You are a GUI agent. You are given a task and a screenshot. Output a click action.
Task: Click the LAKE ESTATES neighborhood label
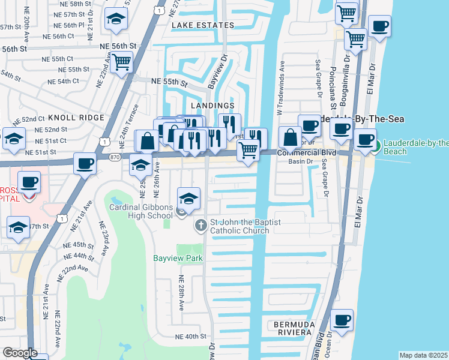(x=202, y=25)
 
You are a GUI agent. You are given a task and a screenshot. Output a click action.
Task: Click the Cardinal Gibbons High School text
(x=140, y=212)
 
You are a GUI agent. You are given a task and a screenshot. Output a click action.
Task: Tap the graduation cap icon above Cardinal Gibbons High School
(x=188, y=199)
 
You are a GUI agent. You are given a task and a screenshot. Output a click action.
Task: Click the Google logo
(x=20, y=352)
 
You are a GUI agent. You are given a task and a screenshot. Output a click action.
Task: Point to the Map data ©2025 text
(x=423, y=355)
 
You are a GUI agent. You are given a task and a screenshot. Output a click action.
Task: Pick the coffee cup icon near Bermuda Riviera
(x=342, y=320)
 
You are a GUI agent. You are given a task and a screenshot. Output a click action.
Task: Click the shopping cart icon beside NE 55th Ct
(x=122, y=61)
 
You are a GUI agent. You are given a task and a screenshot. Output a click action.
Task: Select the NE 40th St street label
(x=191, y=337)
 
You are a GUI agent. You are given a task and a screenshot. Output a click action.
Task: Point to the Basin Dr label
(x=301, y=161)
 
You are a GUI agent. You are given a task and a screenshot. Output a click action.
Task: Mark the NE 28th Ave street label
(x=181, y=293)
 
